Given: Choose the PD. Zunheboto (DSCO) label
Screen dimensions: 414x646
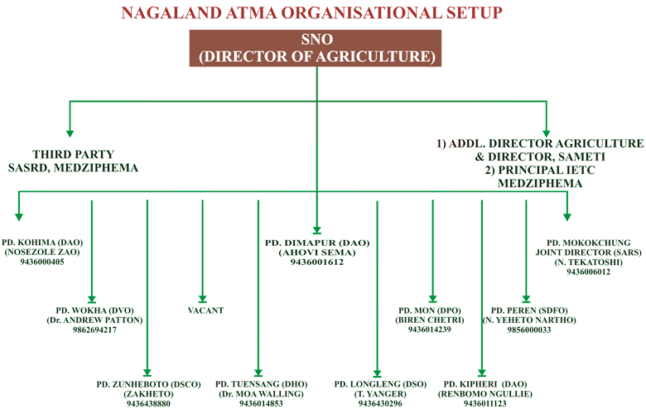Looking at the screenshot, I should pyautogui.click(x=150, y=385).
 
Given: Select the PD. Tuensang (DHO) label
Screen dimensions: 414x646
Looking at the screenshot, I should pyautogui.click(x=261, y=385).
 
